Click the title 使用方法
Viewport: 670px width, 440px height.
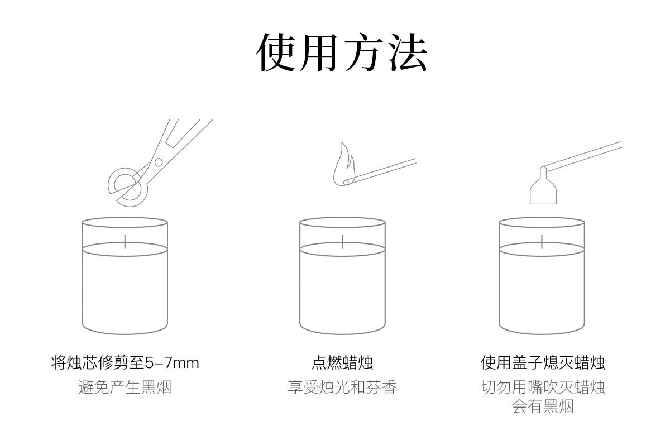click(x=342, y=52)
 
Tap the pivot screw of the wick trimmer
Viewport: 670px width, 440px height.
click(x=159, y=162)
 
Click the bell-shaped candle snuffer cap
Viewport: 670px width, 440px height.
click(x=543, y=189)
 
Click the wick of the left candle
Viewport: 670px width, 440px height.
click(x=126, y=241)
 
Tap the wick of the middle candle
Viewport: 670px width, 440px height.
click(x=343, y=241)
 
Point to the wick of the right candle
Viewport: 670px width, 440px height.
click(x=542, y=241)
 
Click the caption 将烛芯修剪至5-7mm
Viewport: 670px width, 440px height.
click(x=125, y=363)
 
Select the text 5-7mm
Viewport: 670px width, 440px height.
click(x=172, y=363)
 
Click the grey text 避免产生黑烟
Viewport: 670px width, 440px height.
click(x=125, y=387)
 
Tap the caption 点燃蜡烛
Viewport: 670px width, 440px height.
click(x=342, y=363)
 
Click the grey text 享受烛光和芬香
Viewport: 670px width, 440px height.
click(x=342, y=387)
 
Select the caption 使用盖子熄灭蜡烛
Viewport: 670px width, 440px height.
click(x=543, y=363)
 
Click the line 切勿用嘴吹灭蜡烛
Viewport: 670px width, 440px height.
click(x=543, y=387)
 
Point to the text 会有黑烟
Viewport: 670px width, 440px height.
click(x=543, y=406)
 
